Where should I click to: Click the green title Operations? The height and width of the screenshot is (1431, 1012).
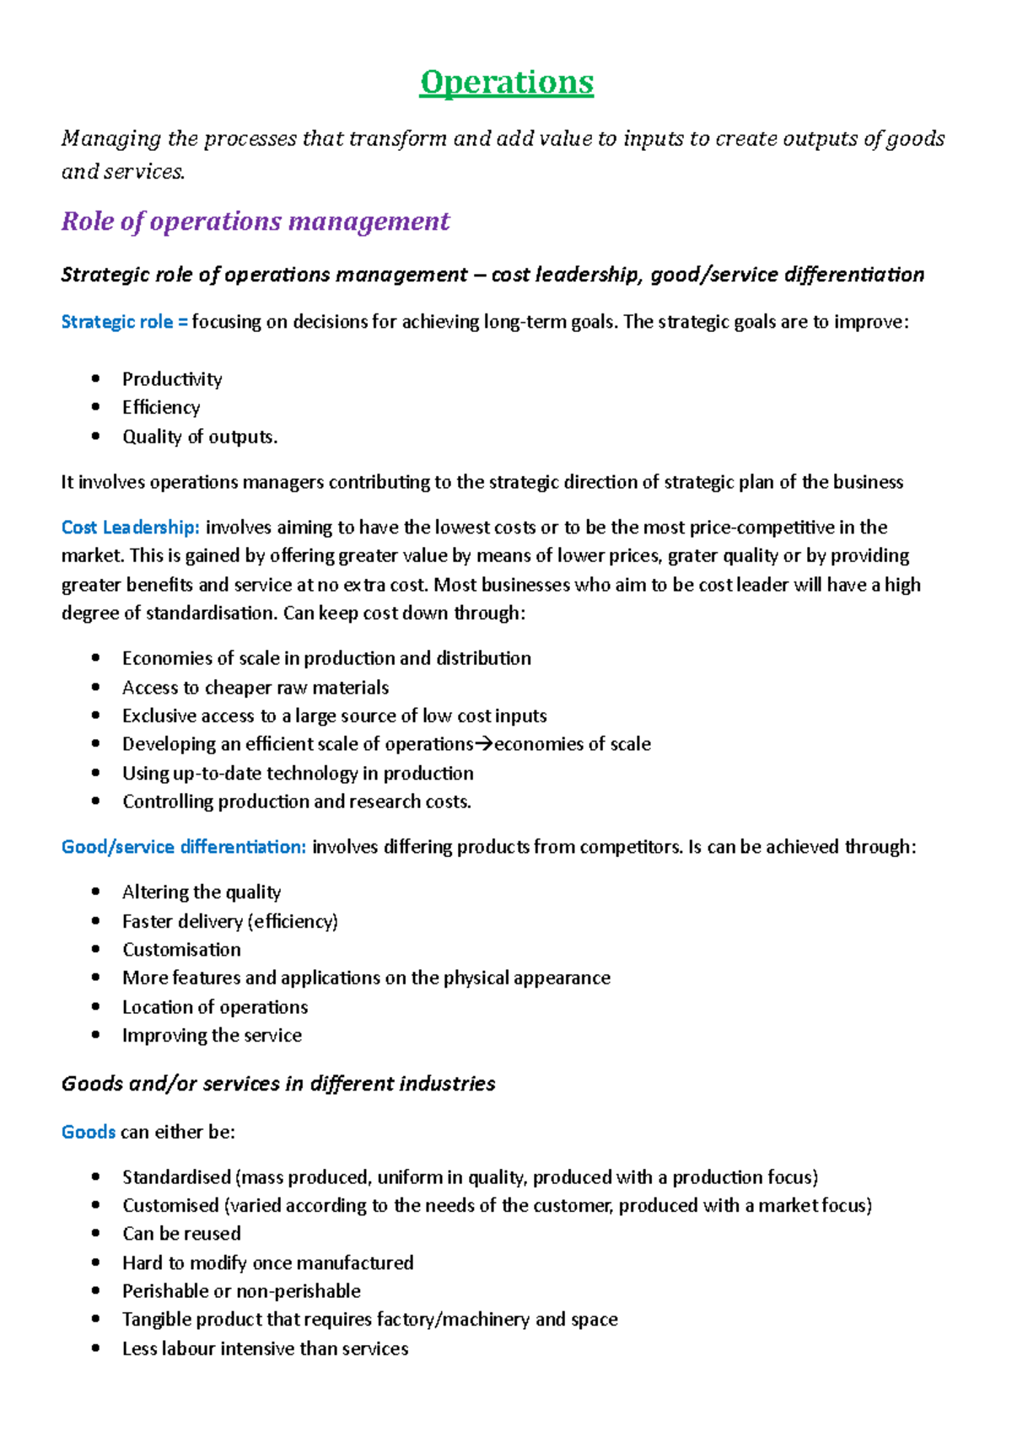(x=507, y=83)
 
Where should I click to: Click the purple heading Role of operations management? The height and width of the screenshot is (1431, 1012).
(x=256, y=221)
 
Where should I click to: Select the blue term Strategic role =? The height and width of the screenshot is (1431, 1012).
(x=124, y=322)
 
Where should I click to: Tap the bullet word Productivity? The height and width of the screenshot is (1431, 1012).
(x=172, y=379)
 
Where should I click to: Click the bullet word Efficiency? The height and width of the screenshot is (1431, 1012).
(x=161, y=408)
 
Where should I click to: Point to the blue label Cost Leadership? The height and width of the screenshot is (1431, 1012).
(x=130, y=528)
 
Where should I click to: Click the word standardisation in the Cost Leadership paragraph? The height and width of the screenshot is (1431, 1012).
(x=210, y=614)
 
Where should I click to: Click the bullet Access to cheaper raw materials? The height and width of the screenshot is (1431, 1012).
(x=256, y=688)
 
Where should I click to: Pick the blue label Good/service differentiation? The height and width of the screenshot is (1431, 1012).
(x=183, y=847)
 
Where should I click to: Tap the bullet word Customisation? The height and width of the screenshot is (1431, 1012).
(x=181, y=950)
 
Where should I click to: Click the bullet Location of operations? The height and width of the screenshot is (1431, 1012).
(x=215, y=1007)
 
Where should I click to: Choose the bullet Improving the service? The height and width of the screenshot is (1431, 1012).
(x=212, y=1036)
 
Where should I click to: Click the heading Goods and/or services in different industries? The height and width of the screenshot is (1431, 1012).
(x=278, y=1084)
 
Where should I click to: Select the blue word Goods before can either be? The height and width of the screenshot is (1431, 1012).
(x=88, y=1132)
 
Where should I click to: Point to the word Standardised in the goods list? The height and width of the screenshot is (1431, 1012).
(x=176, y=1177)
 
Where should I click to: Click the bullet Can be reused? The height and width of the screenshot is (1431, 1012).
(x=181, y=1234)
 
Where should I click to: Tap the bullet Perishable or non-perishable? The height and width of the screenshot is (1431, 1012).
(x=241, y=1291)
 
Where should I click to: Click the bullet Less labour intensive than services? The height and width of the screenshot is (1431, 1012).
(x=265, y=1348)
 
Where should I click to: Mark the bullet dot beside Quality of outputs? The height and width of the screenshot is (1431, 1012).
(x=96, y=437)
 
